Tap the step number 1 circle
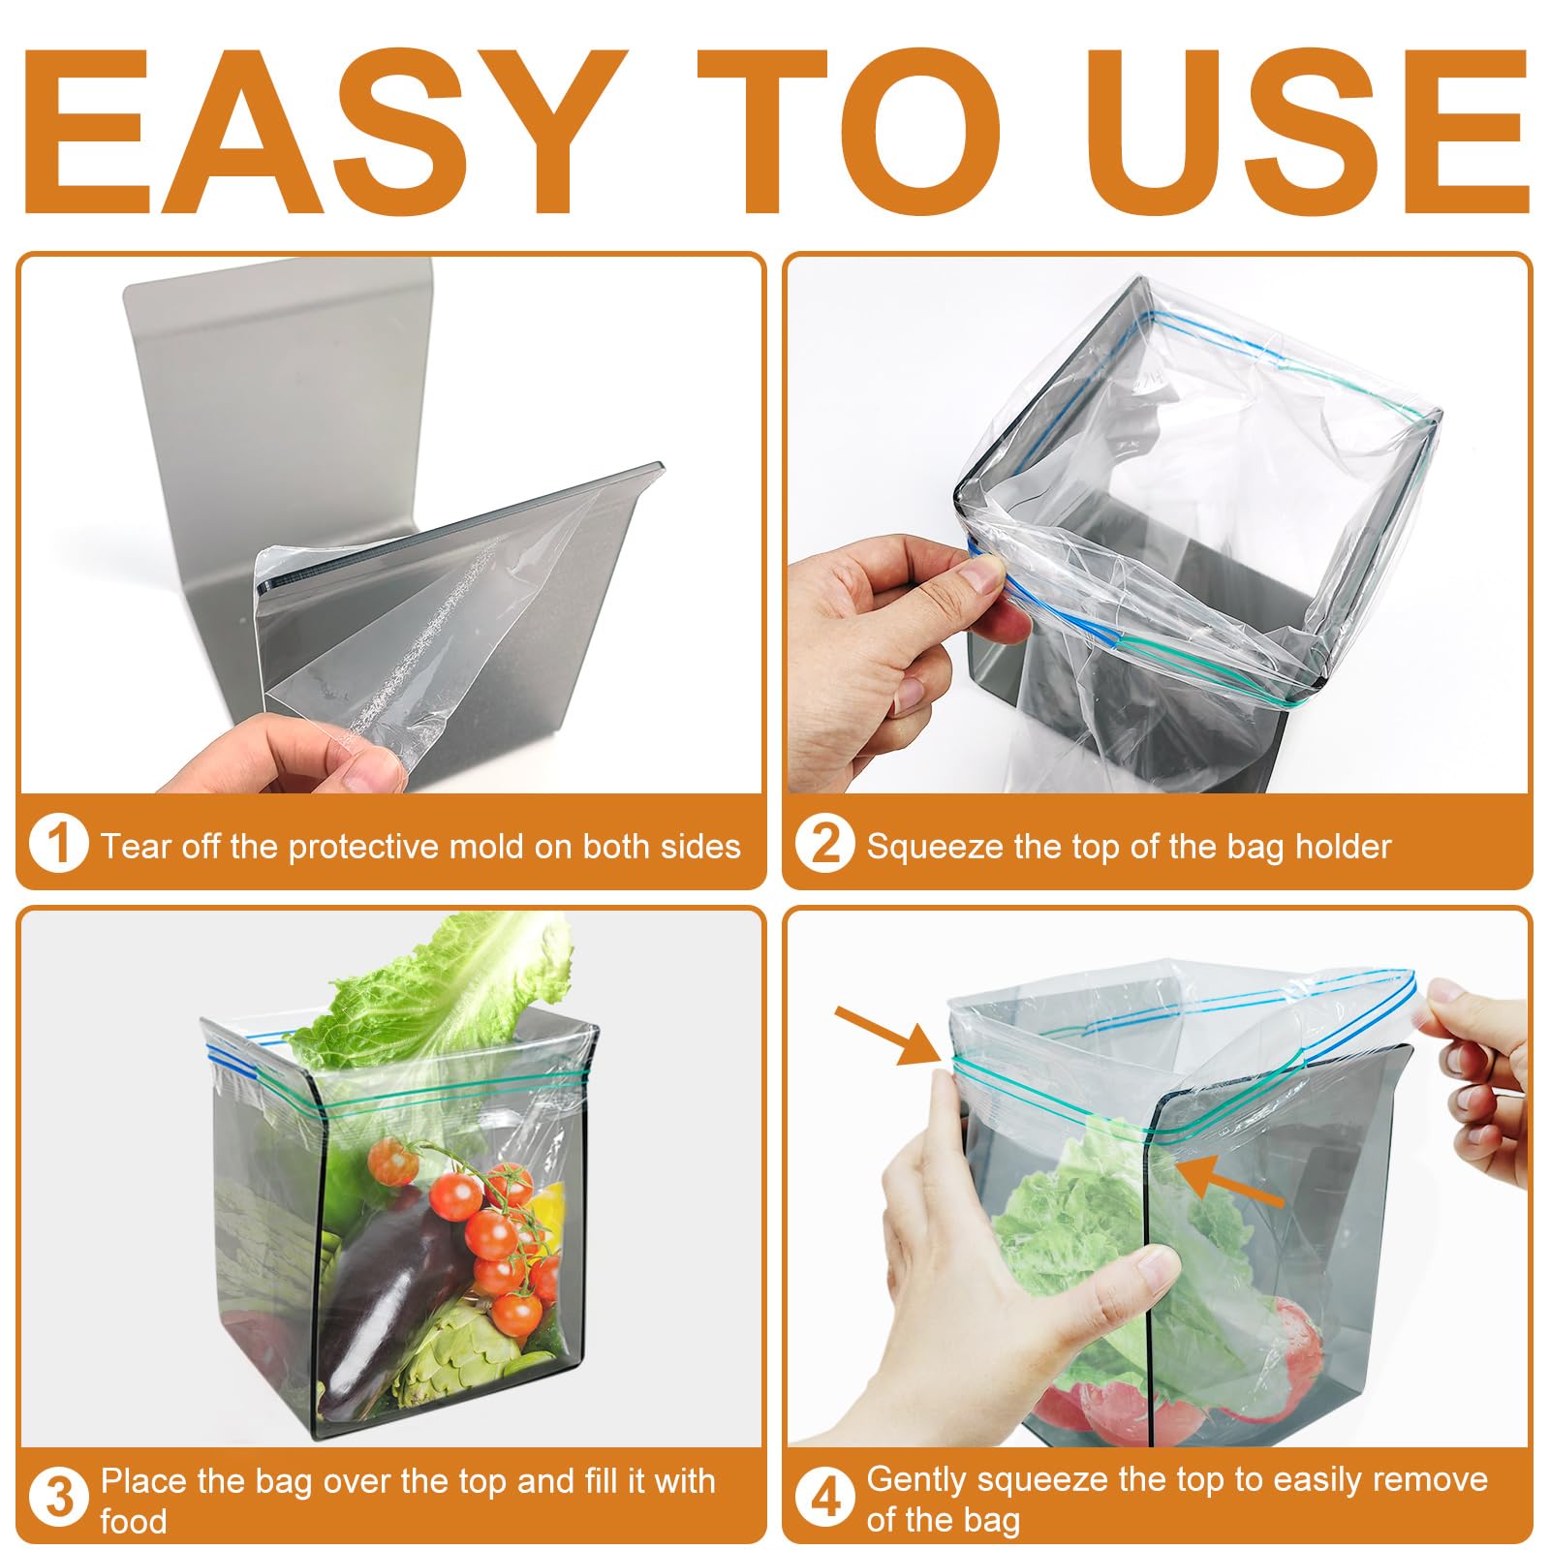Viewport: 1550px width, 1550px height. [x=59, y=844]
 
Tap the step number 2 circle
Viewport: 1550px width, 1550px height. [x=824, y=844]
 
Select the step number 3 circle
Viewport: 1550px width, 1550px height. [x=59, y=1498]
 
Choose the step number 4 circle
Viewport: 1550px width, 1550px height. [x=824, y=1498]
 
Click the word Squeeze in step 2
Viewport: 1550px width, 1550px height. [x=934, y=847]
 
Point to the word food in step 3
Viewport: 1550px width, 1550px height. [x=133, y=1521]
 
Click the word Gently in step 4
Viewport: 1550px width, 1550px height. [x=916, y=1479]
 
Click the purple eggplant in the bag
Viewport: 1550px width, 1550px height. [x=387, y=1288]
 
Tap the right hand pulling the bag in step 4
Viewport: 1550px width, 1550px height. [x=1482, y=1075]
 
